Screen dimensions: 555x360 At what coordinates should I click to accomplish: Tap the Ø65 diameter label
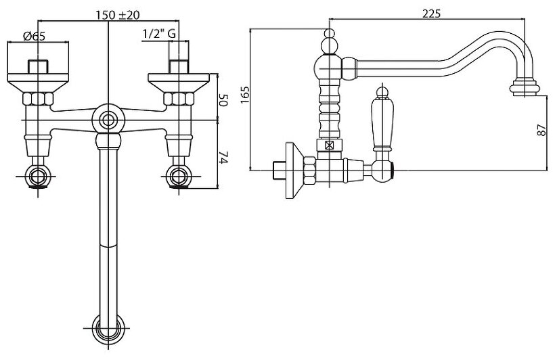tap(34, 37)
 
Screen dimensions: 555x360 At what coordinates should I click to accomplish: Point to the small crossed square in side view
tap(330, 145)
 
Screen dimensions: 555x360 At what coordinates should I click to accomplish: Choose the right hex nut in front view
tap(179, 99)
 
